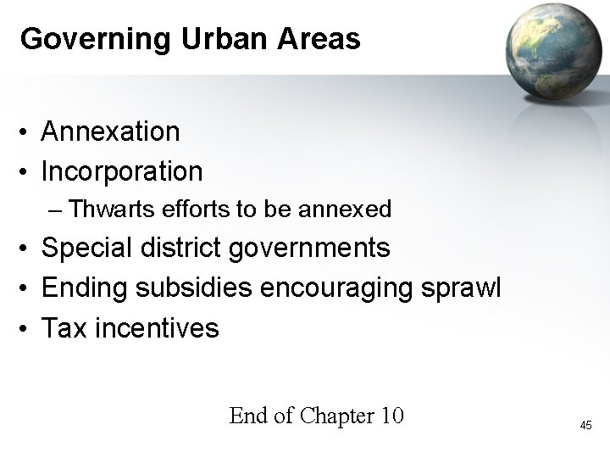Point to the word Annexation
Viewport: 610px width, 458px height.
(110, 131)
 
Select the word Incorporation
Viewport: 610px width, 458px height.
(122, 172)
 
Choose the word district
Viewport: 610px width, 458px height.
(187, 248)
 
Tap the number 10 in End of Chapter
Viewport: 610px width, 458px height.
(392, 416)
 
